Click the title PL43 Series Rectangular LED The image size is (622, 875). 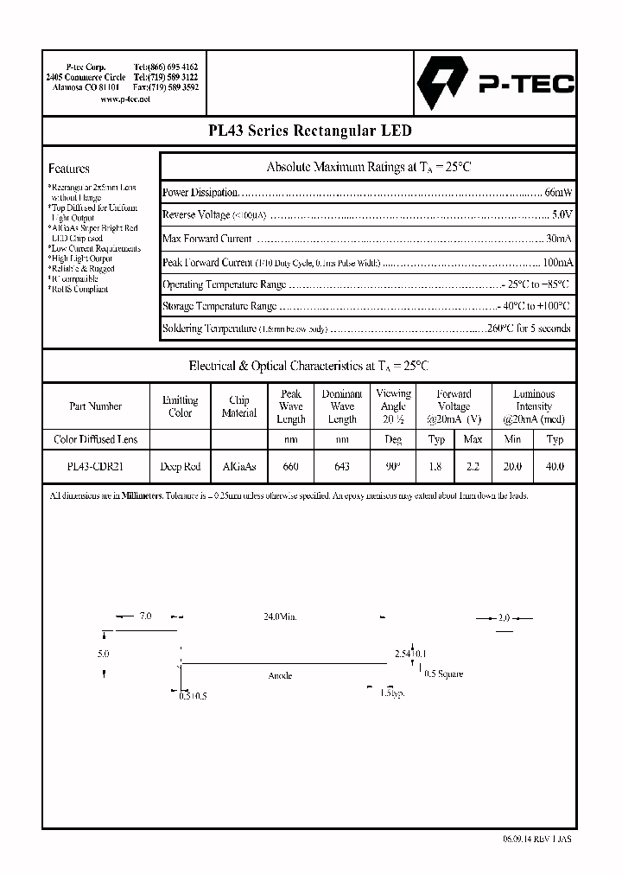pos(310,131)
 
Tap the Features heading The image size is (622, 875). pos(69,169)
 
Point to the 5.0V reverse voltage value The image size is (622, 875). pos(562,214)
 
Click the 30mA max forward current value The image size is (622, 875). pos(559,239)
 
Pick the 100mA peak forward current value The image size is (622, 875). pos(557,262)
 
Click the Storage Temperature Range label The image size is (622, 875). pos(219,306)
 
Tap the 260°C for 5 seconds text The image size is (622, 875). pos(528,329)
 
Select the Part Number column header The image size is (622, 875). pos(95,406)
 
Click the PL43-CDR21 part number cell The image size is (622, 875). pos(95,467)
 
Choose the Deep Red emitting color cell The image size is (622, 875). pos(180,467)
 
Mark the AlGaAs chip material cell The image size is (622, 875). pos(239,467)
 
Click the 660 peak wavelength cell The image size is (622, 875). pos(291,467)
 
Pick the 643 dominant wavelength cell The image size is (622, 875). pos(342,467)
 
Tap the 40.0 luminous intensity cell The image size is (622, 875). pos(555,467)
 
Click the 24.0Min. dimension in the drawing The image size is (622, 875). pos(279,616)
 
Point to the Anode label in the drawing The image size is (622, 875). pos(280,675)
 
